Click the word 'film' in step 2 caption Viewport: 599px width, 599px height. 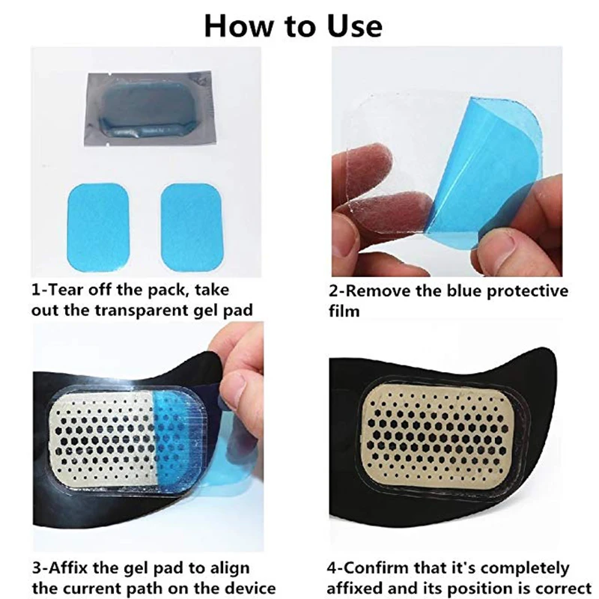(344, 310)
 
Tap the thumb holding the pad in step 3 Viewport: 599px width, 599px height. (238, 386)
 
